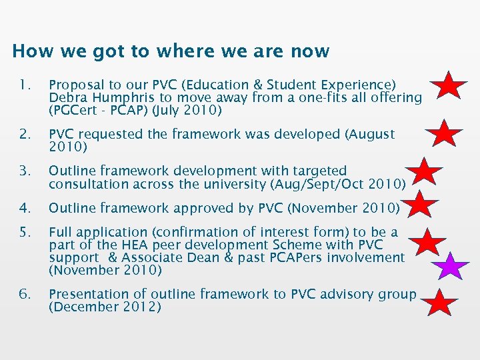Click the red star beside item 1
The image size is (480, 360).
pos(448,87)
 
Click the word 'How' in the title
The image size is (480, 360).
pos(27,51)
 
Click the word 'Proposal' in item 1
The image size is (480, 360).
pos(75,85)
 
